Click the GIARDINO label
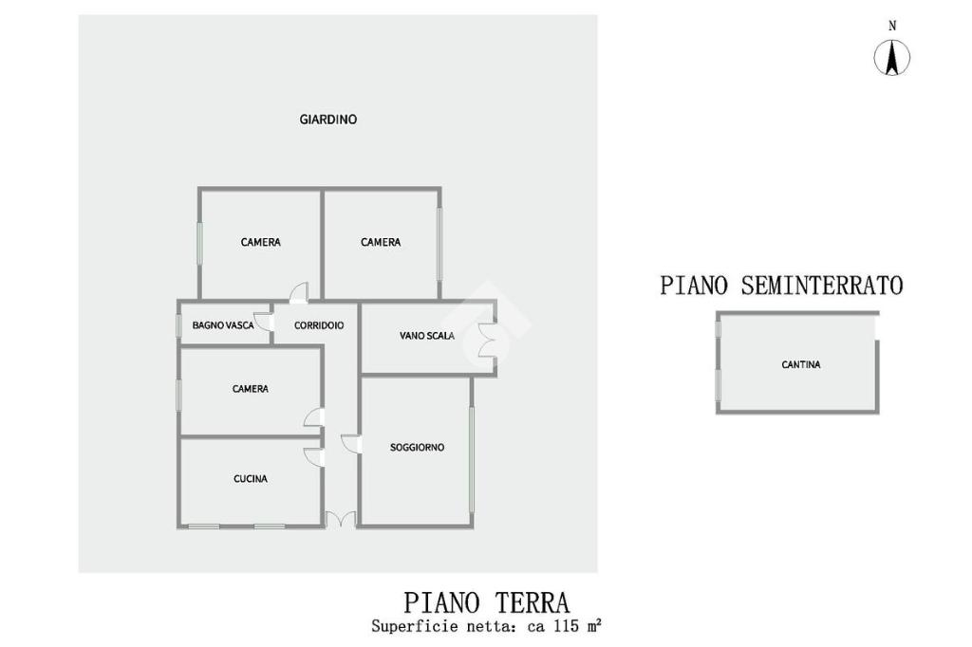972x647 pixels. (328, 120)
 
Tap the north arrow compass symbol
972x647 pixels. (892, 59)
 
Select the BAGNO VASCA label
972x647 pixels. (223, 325)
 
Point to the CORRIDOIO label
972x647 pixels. (319, 325)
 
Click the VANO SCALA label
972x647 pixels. (427, 336)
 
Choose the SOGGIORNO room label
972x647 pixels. (418, 447)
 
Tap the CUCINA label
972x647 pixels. (251, 479)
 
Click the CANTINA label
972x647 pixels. (801, 364)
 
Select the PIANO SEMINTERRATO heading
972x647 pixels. (781, 285)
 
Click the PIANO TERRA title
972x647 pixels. (487, 602)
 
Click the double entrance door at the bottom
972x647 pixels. (340, 519)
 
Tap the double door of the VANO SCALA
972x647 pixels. (487, 340)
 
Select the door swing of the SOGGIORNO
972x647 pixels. (350, 443)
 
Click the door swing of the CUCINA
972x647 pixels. (313, 455)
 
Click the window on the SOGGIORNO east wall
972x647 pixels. (472, 459)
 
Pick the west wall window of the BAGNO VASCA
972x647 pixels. (178, 325)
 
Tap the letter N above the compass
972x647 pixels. (892, 27)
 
